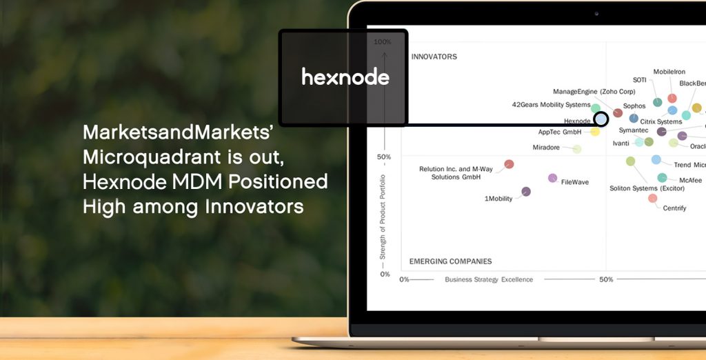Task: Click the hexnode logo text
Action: pyautogui.click(x=345, y=77)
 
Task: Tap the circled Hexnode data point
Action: pyautogui.click(x=601, y=119)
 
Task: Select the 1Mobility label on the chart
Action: pyautogui.click(x=498, y=199)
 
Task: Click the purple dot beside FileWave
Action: pyautogui.click(x=552, y=178)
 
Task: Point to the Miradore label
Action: pyautogui.click(x=551, y=148)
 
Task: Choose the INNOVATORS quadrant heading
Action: pyautogui.click(x=434, y=57)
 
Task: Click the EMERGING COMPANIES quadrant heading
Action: pyautogui.click(x=450, y=261)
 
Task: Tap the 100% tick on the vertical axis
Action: pyautogui.click(x=382, y=42)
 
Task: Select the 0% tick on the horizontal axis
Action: pyautogui.click(x=404, y=279)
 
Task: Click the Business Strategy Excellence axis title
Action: pyautogui.click(x=489, y=279)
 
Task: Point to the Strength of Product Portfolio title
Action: pyautogui.click(x=383, y=217)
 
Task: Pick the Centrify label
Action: pyautogui.click(x=674, y=208)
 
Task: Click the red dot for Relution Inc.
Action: pyautogui.click(x=509, y=164)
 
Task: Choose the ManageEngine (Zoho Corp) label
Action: pyautogui.click(x=594, y=92)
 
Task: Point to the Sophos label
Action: pyautogui.click(x=634, y=106)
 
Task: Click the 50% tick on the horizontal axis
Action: pyautogui.click(x=606, y=279)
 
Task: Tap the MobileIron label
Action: pyautogui.click(x=668, y=72)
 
